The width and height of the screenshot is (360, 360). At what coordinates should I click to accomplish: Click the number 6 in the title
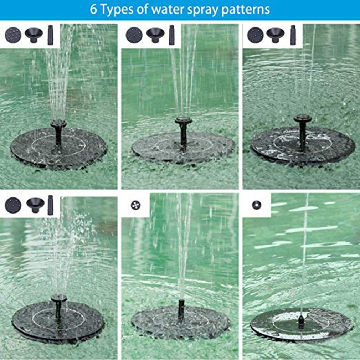[x=93, y=9]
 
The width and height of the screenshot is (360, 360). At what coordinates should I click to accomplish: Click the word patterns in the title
[x=246, y=10]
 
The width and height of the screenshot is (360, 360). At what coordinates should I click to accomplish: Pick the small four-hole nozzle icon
[x=135, y=205]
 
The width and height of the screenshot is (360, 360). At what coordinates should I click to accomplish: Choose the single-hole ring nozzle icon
[x=256, y=205]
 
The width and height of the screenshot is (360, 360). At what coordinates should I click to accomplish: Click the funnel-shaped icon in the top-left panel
[x=34, y=35]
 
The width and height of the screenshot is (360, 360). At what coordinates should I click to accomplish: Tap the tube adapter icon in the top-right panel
[x=293, y=35]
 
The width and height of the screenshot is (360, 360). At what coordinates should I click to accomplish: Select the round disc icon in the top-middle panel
[x=134, y=35]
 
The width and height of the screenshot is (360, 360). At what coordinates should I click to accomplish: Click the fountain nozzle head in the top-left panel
[x=58, y=124]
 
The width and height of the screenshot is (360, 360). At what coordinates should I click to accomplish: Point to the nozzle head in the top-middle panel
[x=183, y=121]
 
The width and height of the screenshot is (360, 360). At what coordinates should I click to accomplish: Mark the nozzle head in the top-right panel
[x=303, y=118]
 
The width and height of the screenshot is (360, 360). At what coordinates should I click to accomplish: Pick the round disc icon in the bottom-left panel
[x=13, y=206]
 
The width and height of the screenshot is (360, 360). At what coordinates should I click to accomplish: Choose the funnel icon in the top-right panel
[x=275, y=35]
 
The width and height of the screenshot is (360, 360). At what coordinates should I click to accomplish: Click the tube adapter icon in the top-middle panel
[x=172, y=35]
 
